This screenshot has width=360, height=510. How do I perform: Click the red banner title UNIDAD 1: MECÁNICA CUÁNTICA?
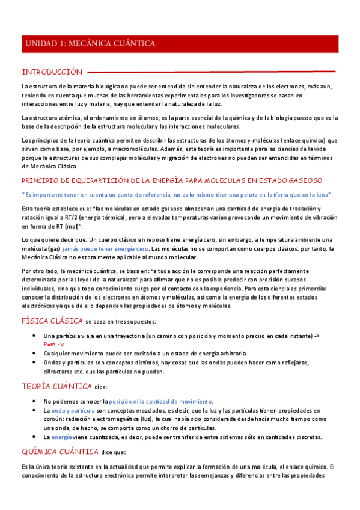click(90, 43)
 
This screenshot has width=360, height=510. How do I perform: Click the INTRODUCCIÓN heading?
click(51, 71)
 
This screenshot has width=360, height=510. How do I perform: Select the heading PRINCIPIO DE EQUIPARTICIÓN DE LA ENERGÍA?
click(172, 180)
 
